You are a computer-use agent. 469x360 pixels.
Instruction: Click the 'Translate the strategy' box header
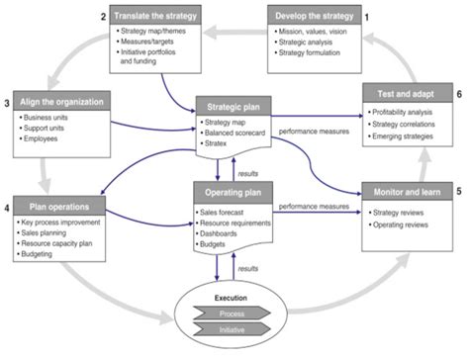pyautogui.click(x=154, y=17)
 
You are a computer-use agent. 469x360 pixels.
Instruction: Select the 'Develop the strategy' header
pyautogui.click(x=314, y=17)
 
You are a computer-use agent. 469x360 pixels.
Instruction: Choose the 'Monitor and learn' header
pyautogui.click(x=408, y=190)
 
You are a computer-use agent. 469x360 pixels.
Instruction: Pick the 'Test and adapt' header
pyautogui.click(x=407, y=92)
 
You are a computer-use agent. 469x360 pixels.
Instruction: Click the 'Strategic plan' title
pyautogui.click(x=234, y=105)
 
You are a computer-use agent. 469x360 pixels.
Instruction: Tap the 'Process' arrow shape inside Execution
pyautogui.click(x=234, y=313)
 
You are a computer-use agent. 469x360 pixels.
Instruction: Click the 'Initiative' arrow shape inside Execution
pyautogui.click(x=234, y=328)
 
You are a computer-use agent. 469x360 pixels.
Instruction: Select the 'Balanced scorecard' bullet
pyautogui.click(x=240, y=133)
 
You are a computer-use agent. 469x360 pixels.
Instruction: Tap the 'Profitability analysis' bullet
pyautogui.click(x=409, y=113)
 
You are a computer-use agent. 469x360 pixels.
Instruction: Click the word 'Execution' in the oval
pyautogui.click(x=234, y=297)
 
